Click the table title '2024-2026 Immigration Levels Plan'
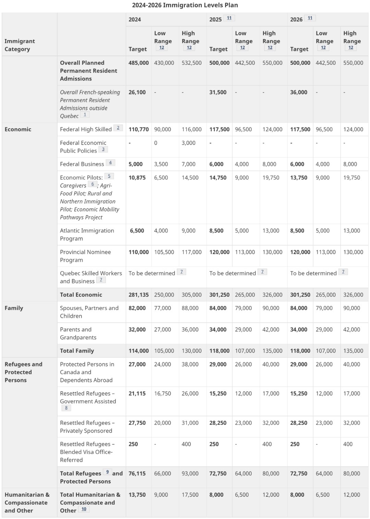(x=185, y=5)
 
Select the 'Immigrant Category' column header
(x=20, y=45)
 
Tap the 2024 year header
(x=135, y=20)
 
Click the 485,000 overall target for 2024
(x=138, y=63)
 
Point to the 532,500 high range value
(x=192, y=63)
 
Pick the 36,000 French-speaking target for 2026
(x=298, y=92)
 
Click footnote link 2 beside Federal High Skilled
(x=118, y=128)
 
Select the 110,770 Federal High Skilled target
(x=138, y=129)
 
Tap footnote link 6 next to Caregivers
(x=92, y=184)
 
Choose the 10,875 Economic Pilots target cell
(x=137, y=177)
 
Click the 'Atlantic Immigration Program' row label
(x=87, y=234)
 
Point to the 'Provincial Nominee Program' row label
(x=85, y=256)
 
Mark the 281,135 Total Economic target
(x=138, y=295)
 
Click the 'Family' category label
(x=14, y=308)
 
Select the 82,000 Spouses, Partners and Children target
(x=137, y=308)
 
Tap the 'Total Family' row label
(x=77, y=350)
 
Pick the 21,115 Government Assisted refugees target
(x=137, y=393)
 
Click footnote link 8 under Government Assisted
(x=66, y=408)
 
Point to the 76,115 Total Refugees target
(x=137, y=473)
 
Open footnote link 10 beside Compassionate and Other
(x=84, y=509)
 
